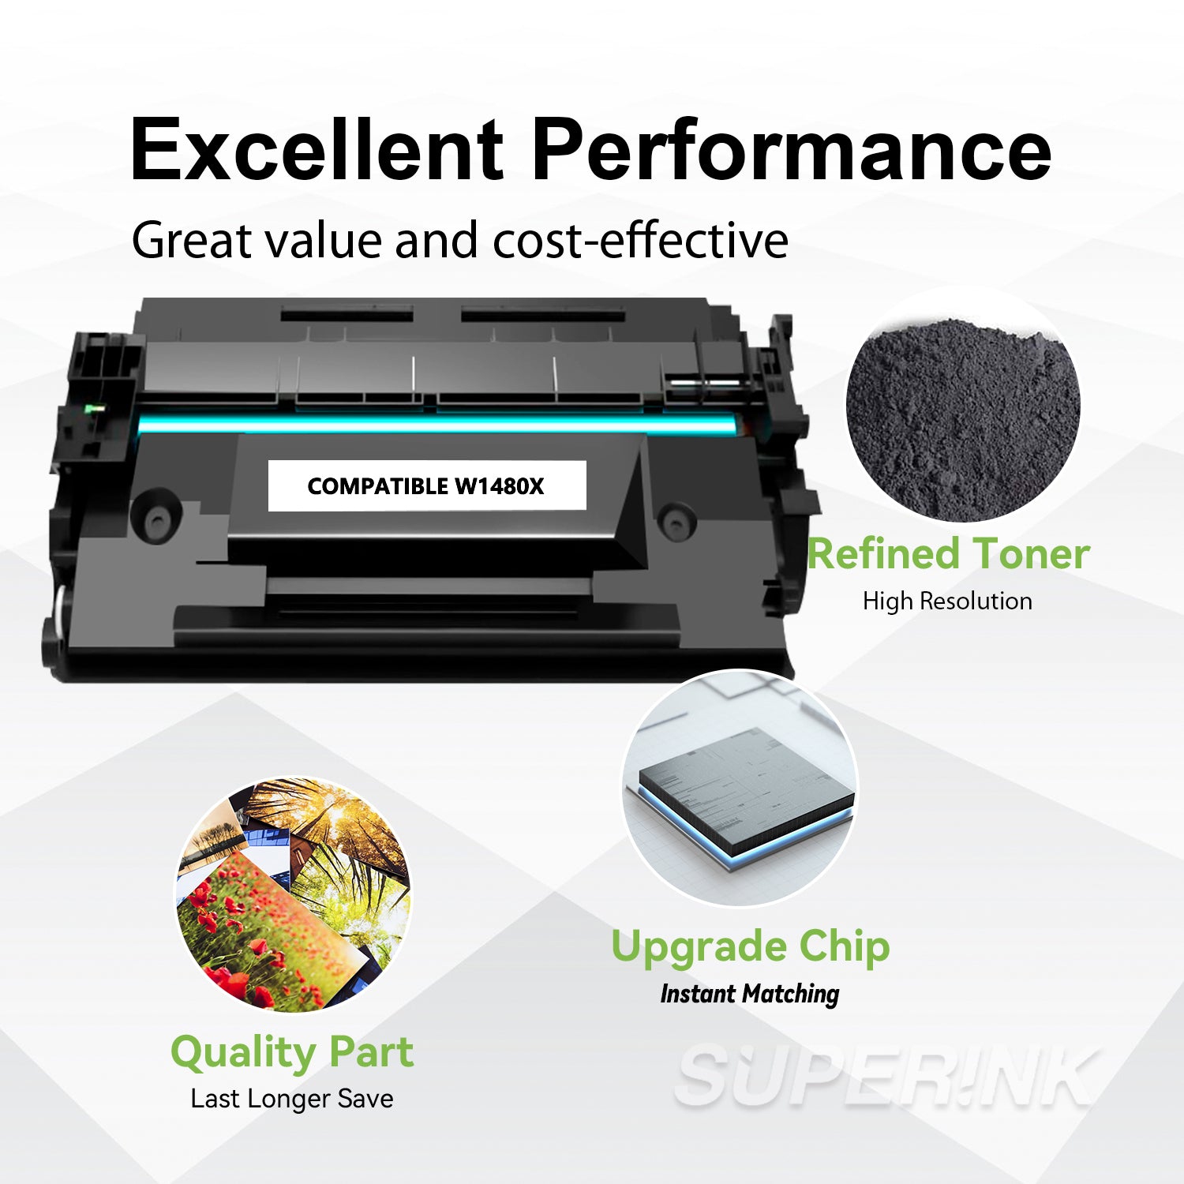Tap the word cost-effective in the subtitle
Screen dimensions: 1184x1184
tap(640, 240)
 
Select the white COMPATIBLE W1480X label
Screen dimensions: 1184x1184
tap(426, 486)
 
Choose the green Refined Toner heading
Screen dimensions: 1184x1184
tap(948, 554)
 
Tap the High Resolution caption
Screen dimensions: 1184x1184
tap(947, 601)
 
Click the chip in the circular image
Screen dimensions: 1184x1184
tap(746, 797)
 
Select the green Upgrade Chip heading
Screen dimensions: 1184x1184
tap(751, 946)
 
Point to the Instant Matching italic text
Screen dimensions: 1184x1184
tap(750, 994)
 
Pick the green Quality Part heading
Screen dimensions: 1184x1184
tap(292, 1052)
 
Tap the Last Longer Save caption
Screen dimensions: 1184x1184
tap(292, 1099)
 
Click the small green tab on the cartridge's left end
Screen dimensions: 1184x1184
tap(95, 409)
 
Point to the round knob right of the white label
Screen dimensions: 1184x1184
tap(676, 521)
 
